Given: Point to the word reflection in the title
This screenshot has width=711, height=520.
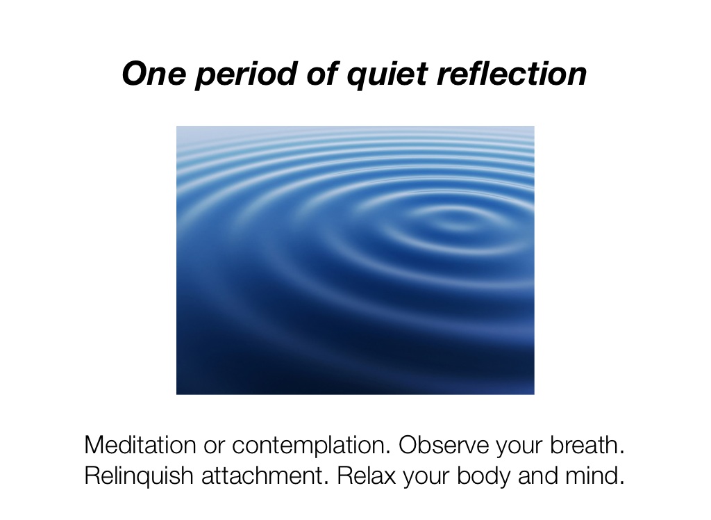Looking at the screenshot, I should [x=512, y=74].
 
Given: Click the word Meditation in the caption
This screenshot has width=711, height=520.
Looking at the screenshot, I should [x=139, y=445].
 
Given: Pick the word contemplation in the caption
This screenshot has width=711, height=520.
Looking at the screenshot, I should [x=309, y=446].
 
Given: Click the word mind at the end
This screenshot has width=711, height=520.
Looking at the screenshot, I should [x=600, y=476].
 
